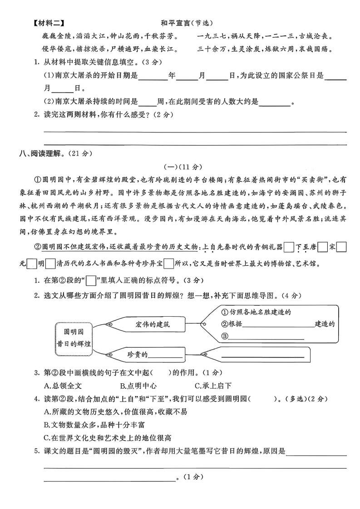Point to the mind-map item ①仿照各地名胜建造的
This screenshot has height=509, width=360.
point(256,312)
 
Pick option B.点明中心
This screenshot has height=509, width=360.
point(138,386)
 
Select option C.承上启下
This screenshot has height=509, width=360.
point(213,386)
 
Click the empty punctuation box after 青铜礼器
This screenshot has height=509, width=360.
point(288,247)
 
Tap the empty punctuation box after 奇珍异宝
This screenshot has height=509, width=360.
point(168,263)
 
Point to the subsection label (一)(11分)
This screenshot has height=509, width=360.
point(180,167)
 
